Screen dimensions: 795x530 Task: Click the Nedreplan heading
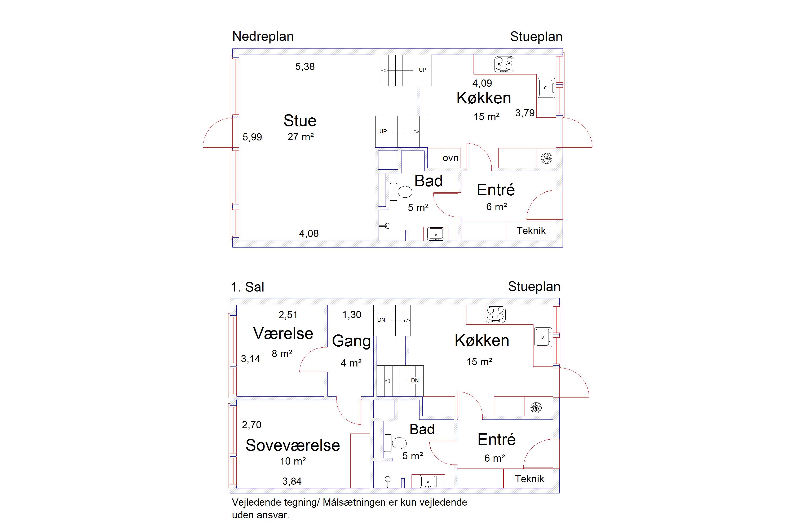[x=263, y=37]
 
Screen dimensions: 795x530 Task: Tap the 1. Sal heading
[x=248, y=287]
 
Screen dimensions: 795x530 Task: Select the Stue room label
[x=300, y=121]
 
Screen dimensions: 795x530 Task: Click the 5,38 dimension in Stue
[x=305, y=67]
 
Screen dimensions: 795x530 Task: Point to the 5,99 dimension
[x=252, y=137]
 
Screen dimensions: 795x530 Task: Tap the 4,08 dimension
[x=309, y=233]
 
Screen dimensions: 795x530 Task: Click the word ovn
[x=450, y=158]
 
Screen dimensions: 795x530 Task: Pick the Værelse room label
[x=283, y=334]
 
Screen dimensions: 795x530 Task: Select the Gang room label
[x=352, y=341]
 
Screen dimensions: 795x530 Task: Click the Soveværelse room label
[x=293, y=445]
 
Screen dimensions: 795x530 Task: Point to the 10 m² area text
[x=293, y=461]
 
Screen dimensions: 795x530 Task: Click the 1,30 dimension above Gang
[x=352, y=315]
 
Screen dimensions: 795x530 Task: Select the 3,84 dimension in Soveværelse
[x=292, y=481]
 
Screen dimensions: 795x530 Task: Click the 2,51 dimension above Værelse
[x=288, y=315]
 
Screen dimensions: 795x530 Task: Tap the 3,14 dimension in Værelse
[x=250, y=359]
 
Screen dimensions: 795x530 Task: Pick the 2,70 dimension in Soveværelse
[x=251, y=425]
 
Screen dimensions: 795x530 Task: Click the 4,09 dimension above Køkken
[x=482, y=83]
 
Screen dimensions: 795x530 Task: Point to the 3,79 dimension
[x=525, y=113]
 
